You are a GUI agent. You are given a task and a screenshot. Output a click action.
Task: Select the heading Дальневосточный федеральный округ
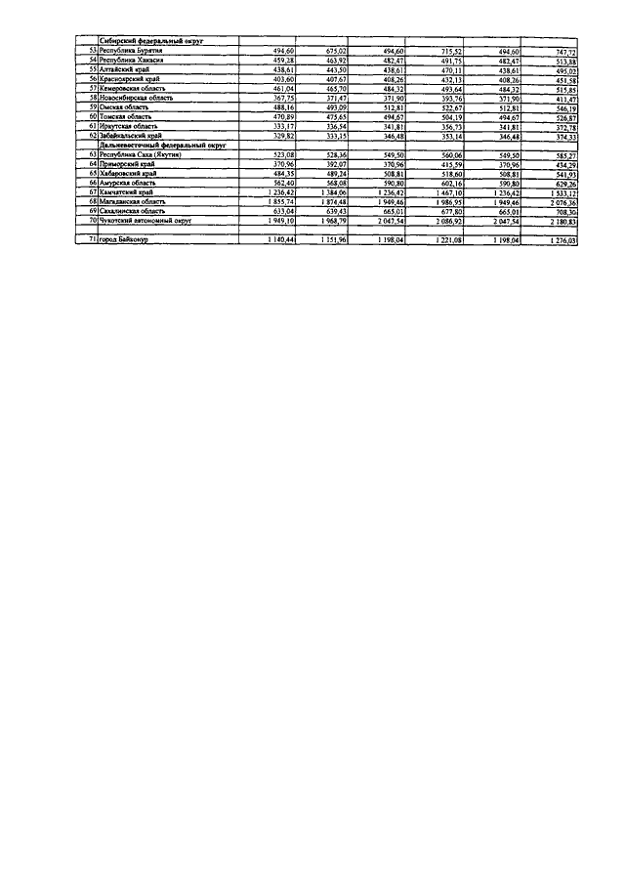156,145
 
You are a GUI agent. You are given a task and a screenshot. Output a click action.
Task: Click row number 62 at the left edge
91,136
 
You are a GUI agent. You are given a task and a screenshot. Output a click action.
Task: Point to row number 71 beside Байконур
91,240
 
